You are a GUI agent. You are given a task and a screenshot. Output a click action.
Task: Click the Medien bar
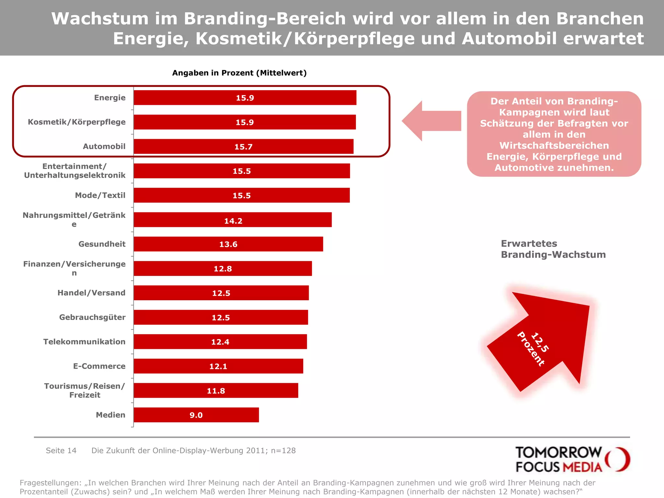click(x=196, y=415)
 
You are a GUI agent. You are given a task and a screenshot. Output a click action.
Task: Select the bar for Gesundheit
click(x=228, y=244)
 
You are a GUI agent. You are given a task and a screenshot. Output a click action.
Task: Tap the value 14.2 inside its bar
click(x=233, y=221)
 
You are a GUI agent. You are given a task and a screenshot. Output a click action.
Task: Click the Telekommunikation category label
click(x=84, y=342)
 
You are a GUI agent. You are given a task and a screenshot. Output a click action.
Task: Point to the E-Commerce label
click(x=99, y=366)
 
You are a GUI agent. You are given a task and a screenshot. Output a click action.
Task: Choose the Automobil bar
click(x=243, y=147)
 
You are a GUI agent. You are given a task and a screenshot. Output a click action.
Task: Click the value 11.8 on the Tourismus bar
click(x=216, y=391)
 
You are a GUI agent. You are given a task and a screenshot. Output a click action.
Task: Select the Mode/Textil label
click(x=100, y=195)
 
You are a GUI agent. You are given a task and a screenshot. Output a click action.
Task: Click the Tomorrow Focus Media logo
click(x=572, y=459)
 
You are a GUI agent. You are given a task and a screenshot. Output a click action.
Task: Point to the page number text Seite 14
click(x=61, y=450)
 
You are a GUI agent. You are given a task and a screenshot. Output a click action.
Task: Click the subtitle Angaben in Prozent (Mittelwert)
click(x=239, y=73)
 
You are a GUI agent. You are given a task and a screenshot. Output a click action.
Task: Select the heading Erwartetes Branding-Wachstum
click(x=553, y=249)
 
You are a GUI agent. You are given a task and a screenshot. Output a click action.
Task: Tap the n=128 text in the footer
click(x=283, y=450)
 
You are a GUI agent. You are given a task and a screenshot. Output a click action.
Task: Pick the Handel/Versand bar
click(x=221, y=293)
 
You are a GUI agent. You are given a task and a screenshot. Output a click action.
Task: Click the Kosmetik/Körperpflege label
click(x=77, y=122)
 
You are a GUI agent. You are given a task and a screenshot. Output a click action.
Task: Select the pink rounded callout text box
click(x=554, y=134)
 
